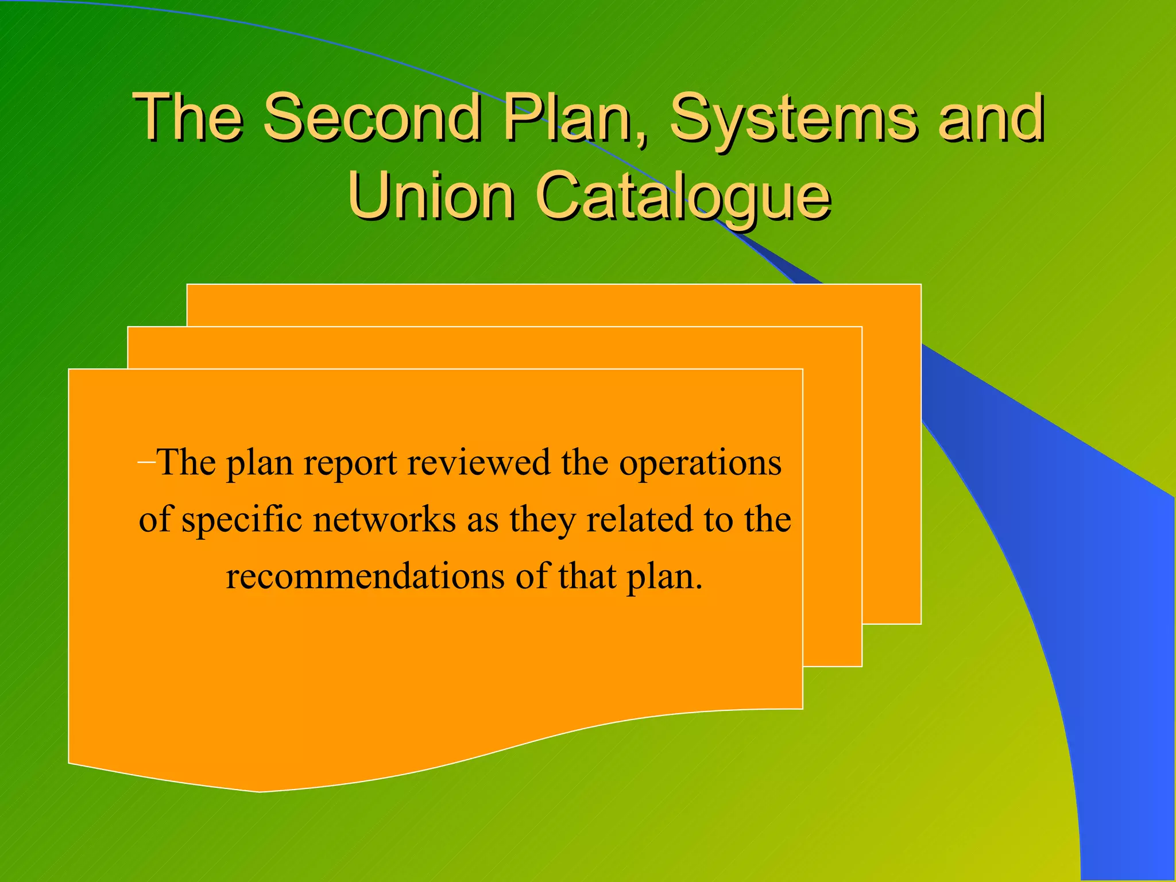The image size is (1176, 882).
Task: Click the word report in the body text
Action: pyautogui.click(x=350, y=463)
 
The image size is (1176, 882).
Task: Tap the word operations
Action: pyautogui.click(x=700, y=463)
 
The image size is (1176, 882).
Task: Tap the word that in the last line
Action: pyautogui.click(x=587, y=576)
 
